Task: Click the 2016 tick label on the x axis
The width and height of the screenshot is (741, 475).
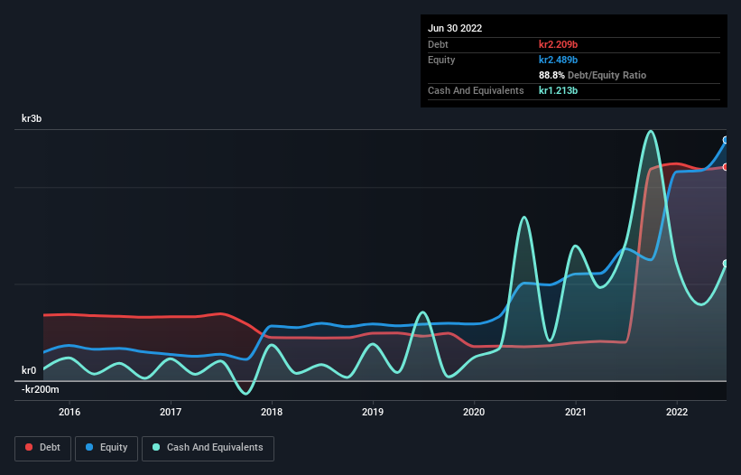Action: tap(69, 413)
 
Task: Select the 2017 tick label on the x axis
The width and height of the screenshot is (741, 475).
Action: tap(171, 413)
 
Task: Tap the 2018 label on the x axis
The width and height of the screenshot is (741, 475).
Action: tap(272, 413)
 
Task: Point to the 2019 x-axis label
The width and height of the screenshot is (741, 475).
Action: tap(373, 413)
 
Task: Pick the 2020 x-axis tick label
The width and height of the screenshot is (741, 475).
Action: tap(474, 413)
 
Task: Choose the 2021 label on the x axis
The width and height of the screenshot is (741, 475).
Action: tap(575, 413)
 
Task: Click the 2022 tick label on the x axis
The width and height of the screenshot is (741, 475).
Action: tap(676, 413)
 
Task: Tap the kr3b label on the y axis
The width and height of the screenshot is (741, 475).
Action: tap(32, 119)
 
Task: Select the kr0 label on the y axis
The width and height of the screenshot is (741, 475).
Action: tap(29, 370)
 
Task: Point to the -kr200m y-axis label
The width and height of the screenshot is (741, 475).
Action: tap(40, 389)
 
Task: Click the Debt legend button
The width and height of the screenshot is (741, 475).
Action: tap(42, 447)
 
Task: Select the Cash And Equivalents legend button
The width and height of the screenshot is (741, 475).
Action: tap(208, 447)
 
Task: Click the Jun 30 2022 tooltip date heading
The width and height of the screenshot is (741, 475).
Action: tap(455, 28)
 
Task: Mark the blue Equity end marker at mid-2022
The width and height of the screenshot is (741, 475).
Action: tap(726, 140)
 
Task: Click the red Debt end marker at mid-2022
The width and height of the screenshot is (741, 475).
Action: tap(726, 167)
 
